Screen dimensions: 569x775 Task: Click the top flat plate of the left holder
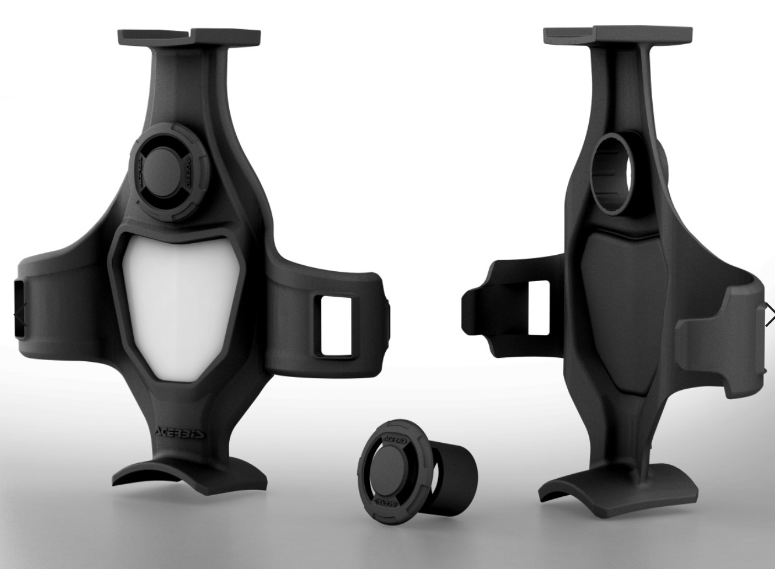point(190,37)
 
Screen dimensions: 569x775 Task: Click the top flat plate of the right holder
point(618,35)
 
